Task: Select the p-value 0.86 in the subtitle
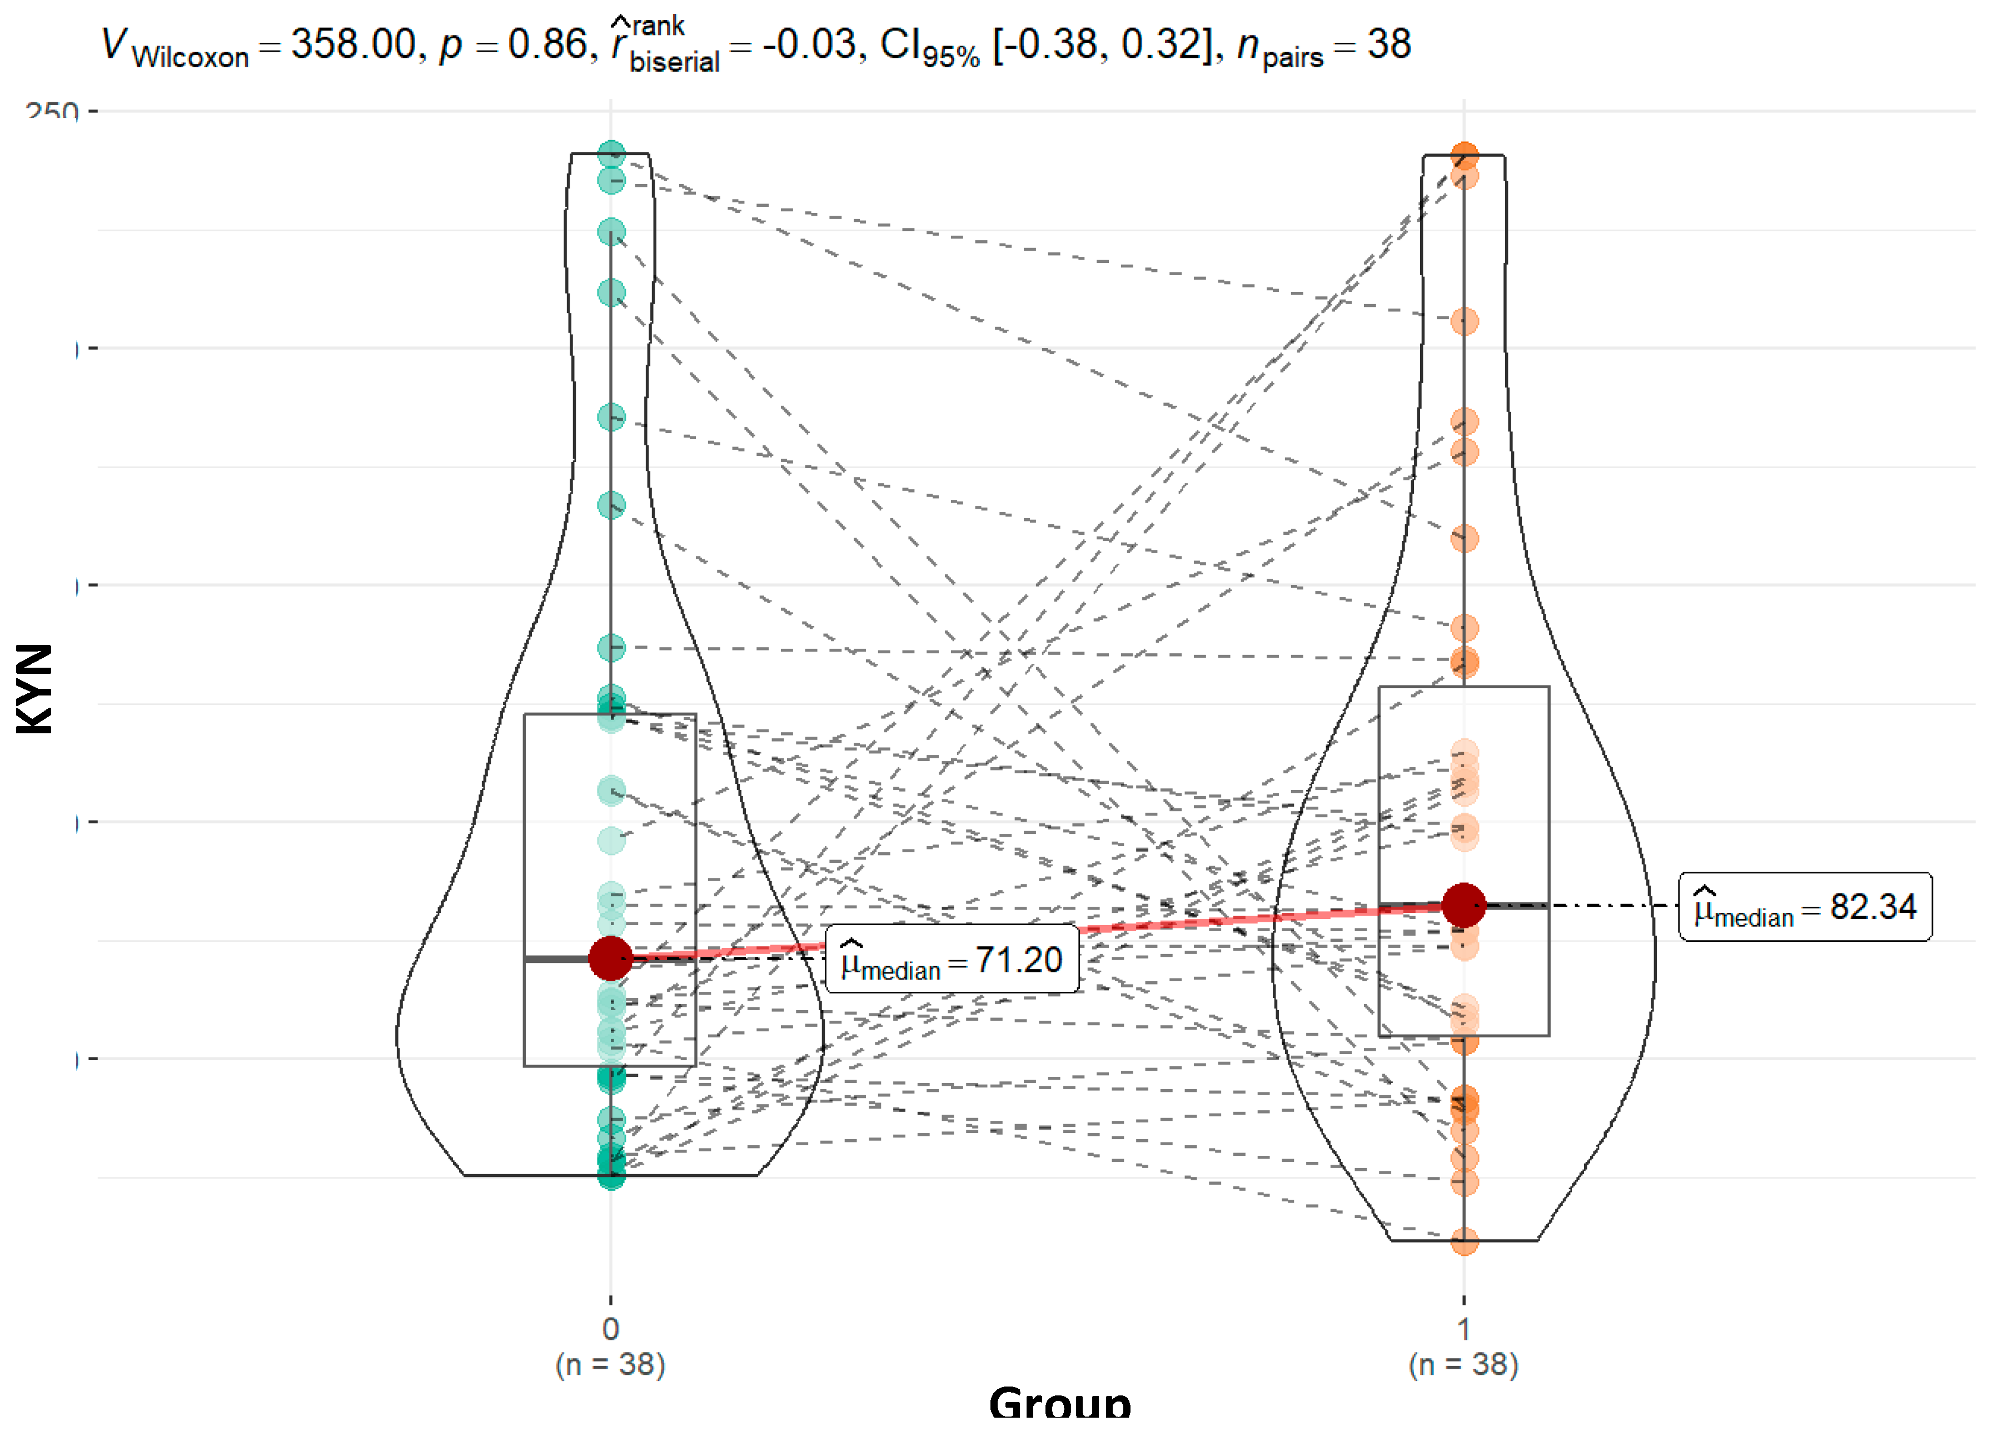(x=546, y=44)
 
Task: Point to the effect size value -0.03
(x=808, y=44)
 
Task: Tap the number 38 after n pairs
(x=1388, y=44)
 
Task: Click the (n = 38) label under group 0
(x=610, y=1364)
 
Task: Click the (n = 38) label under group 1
(x=1463, y=1364)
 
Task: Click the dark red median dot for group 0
(x=610, y=957)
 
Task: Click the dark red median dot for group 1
(x=1463, y=905)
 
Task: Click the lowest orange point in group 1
(x=1464, y=1241)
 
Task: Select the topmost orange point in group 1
(x=1464, y=156)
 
